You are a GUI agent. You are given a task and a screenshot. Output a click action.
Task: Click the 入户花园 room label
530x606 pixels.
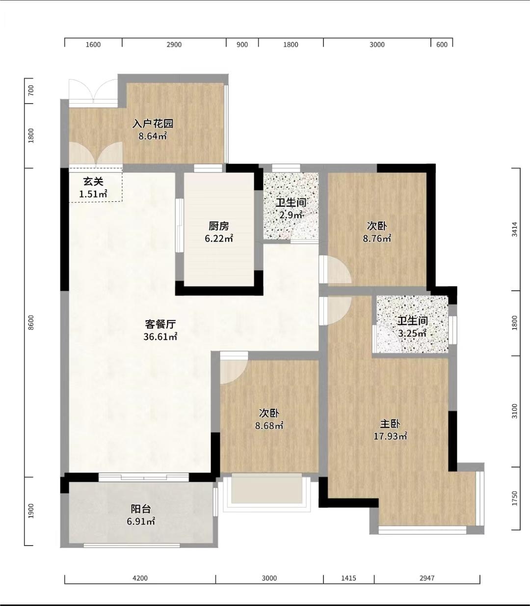(153, 124)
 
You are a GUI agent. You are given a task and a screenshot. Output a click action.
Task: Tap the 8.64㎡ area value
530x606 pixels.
(153, 136)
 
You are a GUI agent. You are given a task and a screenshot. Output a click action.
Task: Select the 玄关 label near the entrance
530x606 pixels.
(93, 182)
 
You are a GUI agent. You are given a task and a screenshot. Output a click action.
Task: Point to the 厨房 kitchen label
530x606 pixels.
(219, 226)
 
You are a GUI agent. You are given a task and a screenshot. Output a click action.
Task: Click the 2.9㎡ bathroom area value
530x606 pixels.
(291, 215)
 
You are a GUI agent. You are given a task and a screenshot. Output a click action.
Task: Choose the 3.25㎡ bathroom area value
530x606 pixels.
(412, 333)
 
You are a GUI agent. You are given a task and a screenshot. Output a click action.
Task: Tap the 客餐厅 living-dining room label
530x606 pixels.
(160, 324)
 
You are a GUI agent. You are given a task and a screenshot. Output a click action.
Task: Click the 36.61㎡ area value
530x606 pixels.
(160, 337)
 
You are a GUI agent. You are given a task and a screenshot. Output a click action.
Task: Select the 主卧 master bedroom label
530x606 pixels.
(390, 424)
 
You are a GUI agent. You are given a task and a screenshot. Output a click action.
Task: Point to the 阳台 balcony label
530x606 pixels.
(141, 509)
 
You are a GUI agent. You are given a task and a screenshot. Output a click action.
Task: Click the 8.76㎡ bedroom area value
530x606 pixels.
(377, 239)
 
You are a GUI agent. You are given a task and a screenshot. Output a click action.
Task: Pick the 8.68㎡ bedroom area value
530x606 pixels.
(269, 426)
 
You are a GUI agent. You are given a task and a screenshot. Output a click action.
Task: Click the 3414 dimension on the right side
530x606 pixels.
(515, 229)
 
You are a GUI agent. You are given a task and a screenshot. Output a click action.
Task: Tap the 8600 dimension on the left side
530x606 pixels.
(31, 323)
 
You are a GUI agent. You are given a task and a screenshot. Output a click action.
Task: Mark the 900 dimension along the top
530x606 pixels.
(242, 45)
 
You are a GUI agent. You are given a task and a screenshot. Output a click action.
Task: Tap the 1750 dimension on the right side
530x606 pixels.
(515, 498)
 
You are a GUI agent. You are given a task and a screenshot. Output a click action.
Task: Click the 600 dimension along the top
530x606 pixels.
(442, 45)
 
